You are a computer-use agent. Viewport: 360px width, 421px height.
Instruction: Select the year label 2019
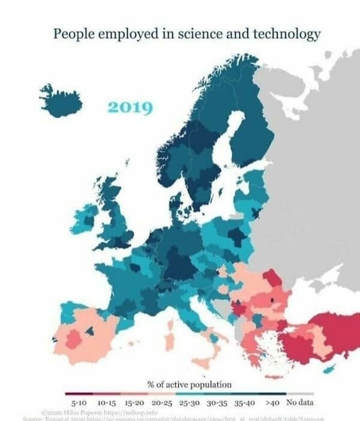click(130, 109)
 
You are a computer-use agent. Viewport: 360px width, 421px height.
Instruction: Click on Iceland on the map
click(61, 101)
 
